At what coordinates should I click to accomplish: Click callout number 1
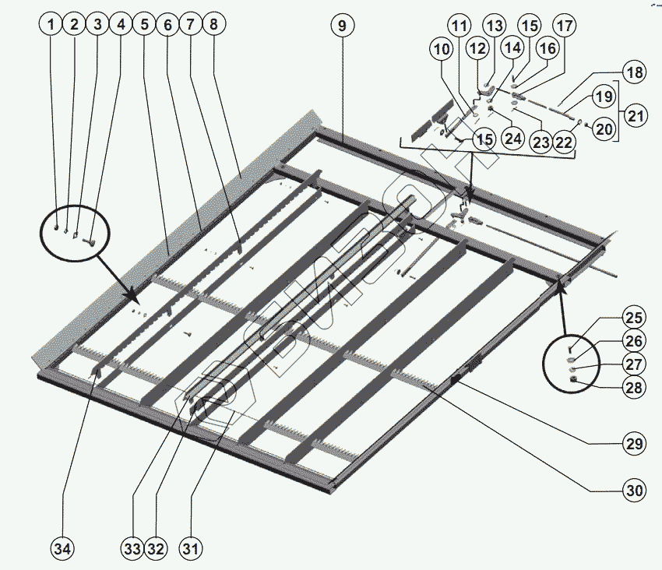51,25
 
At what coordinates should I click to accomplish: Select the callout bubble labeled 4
120,25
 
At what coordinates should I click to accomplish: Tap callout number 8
213,25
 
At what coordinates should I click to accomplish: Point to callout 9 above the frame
341,25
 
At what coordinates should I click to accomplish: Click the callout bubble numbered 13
494,25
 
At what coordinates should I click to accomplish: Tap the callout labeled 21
636,117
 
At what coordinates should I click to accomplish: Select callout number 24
512,138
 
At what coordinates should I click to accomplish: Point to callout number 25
634,318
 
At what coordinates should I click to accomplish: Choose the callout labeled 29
635,444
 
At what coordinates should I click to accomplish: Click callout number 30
635,491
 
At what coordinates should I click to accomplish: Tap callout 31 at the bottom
189,548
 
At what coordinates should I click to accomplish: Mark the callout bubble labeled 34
62,548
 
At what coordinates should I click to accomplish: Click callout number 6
167,25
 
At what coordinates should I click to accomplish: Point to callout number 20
604,129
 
